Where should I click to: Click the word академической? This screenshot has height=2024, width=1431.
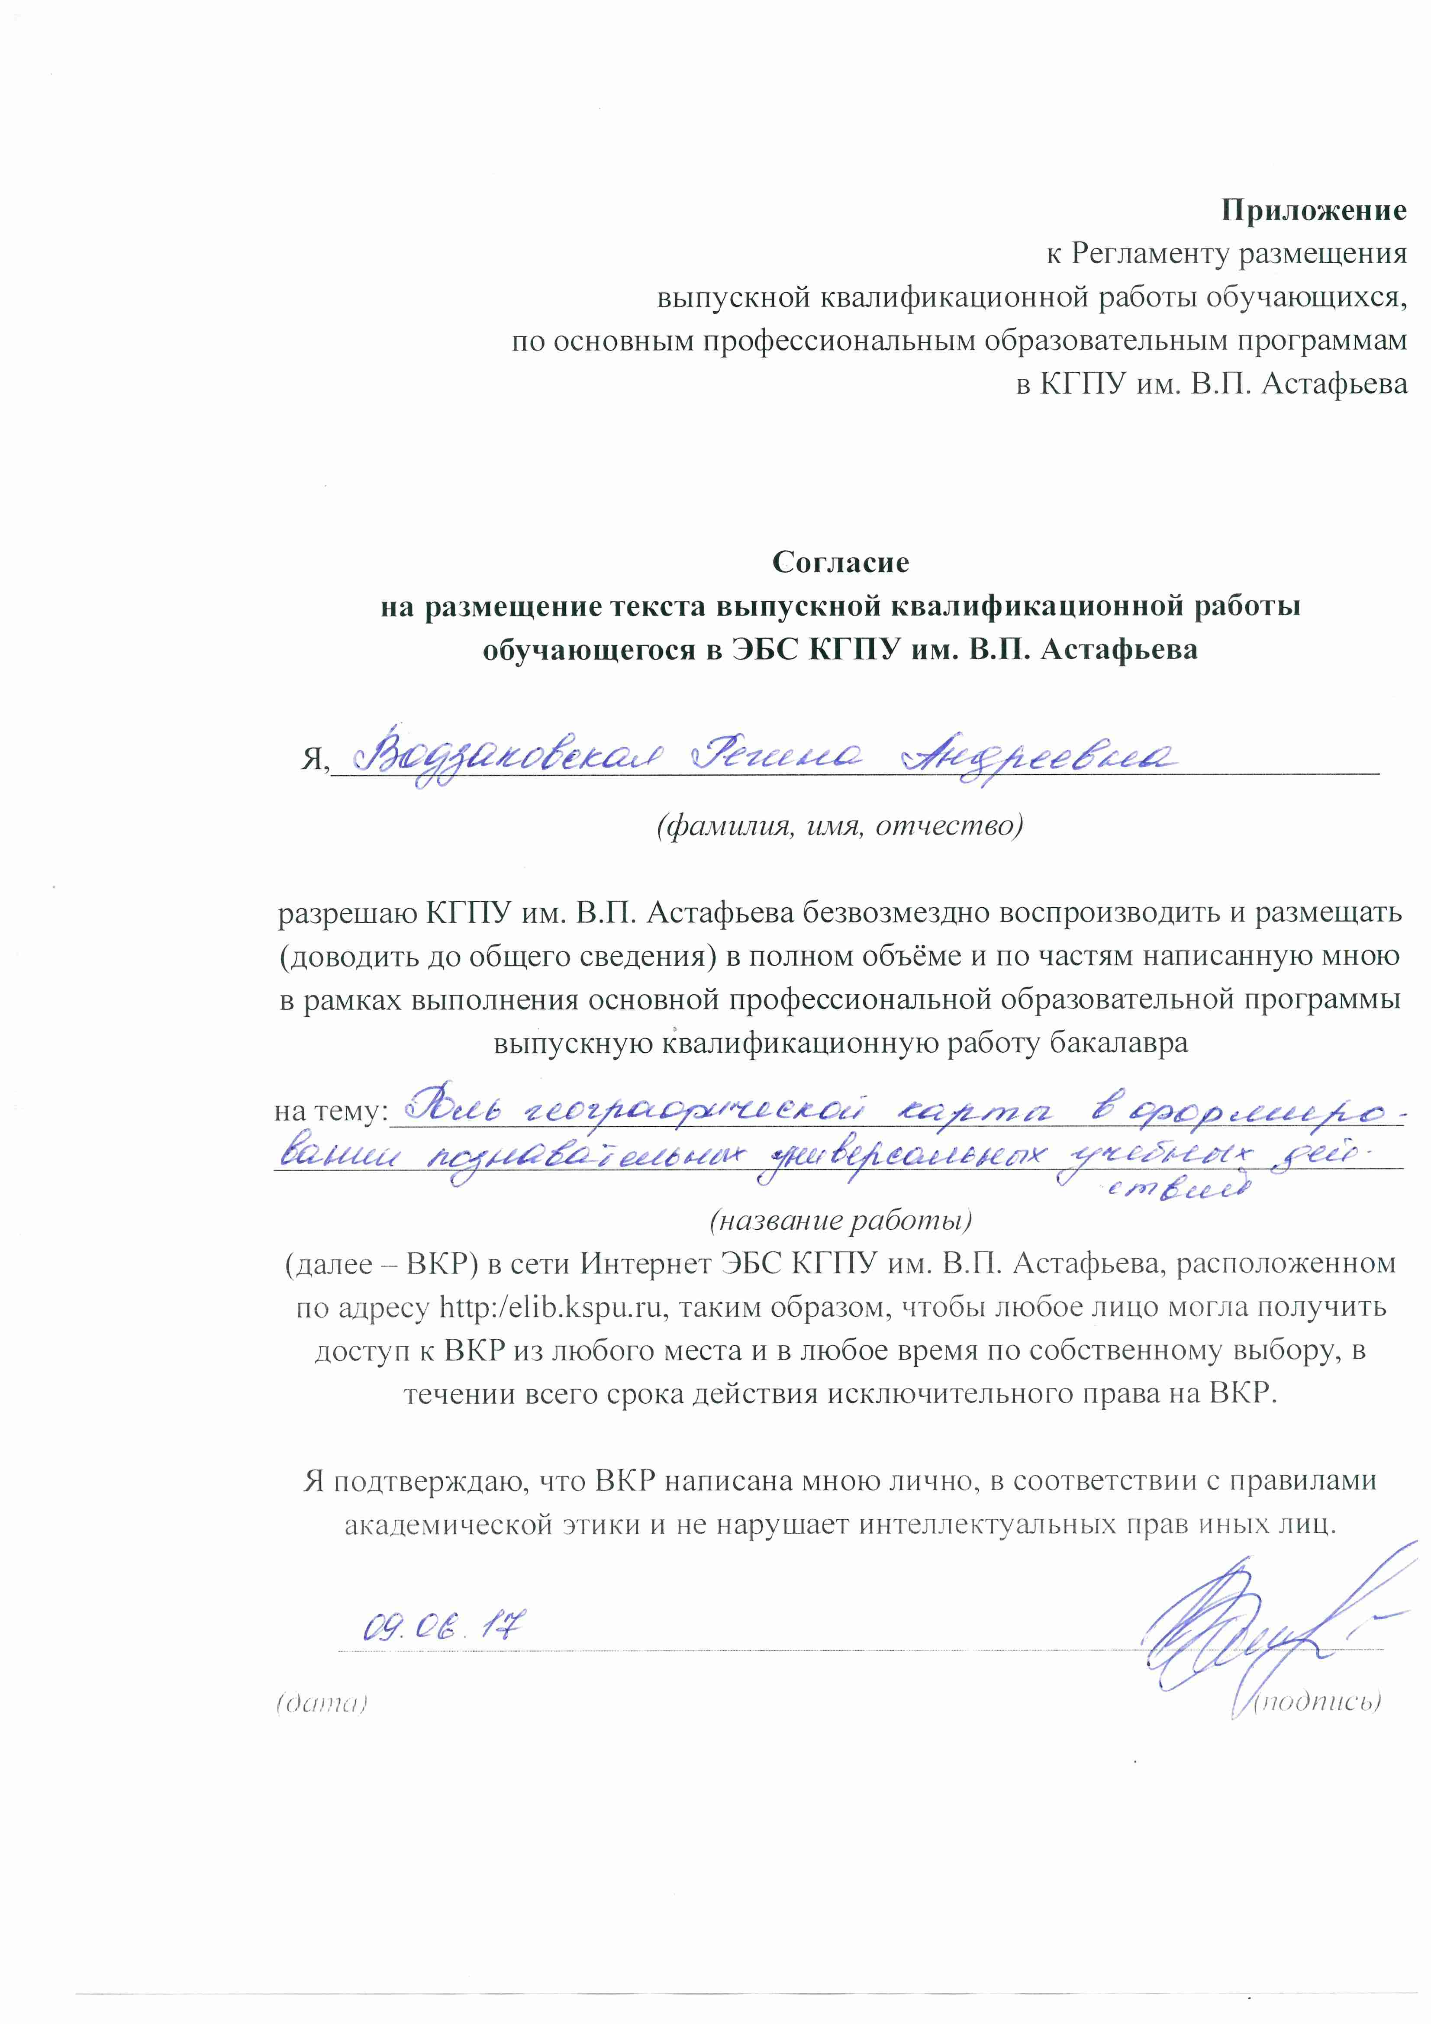tap(449, 1524)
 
